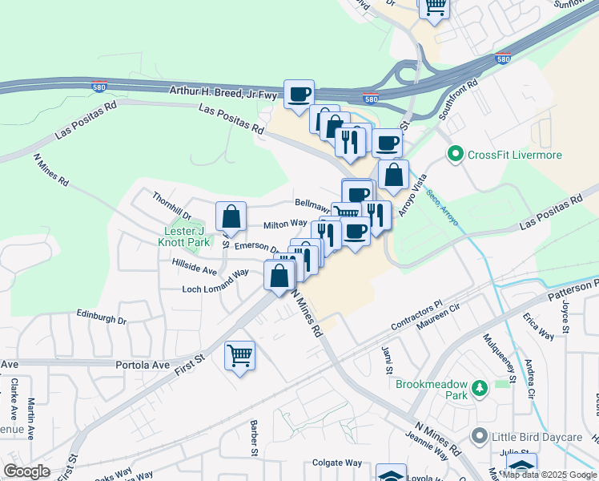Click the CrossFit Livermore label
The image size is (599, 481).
point(515,155)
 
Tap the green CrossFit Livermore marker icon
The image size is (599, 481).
point(456,153)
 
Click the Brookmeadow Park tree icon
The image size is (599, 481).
point(480,389)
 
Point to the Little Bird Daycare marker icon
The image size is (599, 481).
point(480,436)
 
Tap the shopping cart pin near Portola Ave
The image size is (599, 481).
point(240,355)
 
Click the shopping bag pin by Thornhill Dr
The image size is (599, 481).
point(231,216)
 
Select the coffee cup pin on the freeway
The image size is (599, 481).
point(299,95)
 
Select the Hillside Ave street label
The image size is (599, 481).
point(194,263)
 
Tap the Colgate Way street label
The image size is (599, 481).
point(337,463)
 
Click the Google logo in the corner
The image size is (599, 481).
point(26,471)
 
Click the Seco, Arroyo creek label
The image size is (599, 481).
point(441,207)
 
